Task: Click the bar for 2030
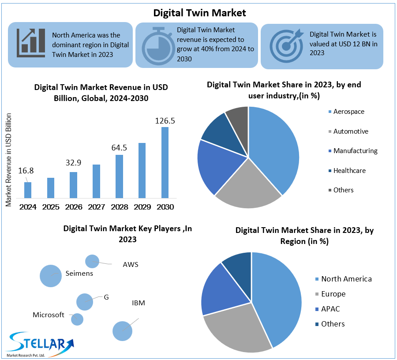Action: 165,162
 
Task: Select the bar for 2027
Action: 96,181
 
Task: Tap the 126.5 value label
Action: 165,120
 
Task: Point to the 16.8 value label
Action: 26,171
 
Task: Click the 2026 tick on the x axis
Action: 73,207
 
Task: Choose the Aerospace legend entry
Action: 348,112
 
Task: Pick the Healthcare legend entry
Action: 349,170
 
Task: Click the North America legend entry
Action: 346,279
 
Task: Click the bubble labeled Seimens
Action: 50,276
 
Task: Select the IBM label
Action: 139,303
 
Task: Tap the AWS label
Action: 131,265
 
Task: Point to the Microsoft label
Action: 49,315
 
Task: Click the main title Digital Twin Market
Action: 199,12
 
